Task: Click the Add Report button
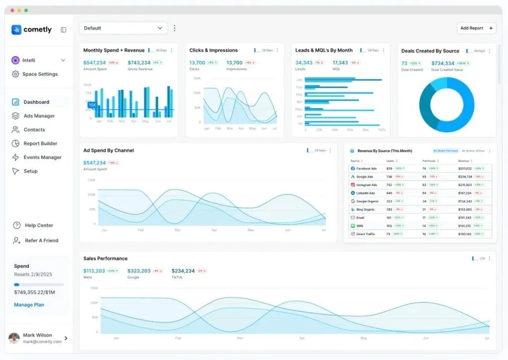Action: (476, 28)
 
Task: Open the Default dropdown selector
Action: (123, 28)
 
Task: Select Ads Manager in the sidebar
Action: (39, 116)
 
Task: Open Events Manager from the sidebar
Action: (42, 158)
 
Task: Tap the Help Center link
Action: (39, 226)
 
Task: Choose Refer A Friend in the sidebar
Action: (41, 240)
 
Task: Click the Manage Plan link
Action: (29, 305)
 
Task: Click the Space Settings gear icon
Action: (15, 74)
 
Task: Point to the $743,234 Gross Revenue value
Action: (139, 63)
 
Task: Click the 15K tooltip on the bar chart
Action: (92, 105)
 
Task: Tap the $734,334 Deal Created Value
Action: (443, 63)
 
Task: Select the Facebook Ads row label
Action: (366, 169)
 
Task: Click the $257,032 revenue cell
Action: (465, 169)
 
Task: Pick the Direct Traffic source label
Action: (366, 234)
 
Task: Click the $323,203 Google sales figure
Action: (139, 271)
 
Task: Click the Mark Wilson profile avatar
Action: (14, 338)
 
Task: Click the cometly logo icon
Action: (16, 30)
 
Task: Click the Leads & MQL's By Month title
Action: (323, 51)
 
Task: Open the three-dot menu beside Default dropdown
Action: (174, 28)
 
